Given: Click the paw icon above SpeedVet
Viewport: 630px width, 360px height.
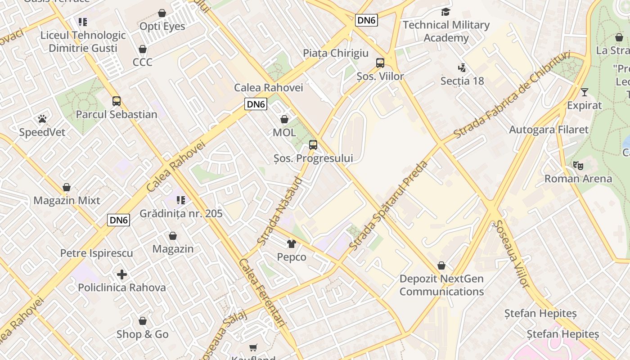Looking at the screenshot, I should (x=42, y=119).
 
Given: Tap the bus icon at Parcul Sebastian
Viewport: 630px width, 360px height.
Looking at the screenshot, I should (x=117, y=101).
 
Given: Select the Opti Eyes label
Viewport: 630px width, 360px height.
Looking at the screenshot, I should (x=162, y=26).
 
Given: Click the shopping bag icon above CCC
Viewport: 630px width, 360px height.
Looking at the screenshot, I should (x=143, y=49).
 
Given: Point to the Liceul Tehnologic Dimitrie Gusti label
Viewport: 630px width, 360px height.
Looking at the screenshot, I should (x=83, y=41).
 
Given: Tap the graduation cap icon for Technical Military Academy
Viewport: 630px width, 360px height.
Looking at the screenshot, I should (x=445, y=12).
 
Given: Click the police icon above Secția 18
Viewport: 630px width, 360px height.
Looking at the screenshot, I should (x=462, y=68).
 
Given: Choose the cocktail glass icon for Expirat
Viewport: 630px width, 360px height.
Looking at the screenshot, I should (x=584, y=92).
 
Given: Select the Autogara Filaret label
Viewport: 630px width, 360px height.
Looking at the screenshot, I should (x=549, y=130).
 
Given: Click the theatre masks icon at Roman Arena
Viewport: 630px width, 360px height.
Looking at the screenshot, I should (x=578, y=165).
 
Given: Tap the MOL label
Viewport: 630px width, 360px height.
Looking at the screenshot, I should (x=284, y=132).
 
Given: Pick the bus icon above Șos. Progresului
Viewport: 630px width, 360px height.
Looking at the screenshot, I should (x=313, y=145).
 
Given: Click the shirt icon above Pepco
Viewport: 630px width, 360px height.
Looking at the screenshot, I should (x=292, y=244).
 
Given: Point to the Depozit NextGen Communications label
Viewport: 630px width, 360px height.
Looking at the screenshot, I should (x=441, y=285).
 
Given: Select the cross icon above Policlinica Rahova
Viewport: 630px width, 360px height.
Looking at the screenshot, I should (x=121, y=274).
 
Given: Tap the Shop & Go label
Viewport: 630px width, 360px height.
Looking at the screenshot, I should (x=143, y=334).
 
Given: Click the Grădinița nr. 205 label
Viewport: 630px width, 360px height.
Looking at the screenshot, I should (x=181, y=213).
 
